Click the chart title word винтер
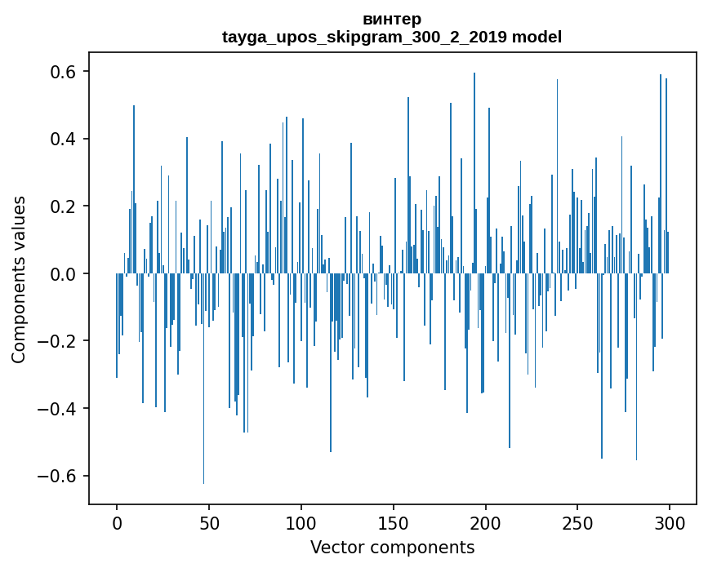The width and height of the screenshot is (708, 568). click(392, 19)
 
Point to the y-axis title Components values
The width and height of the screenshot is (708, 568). click(19, 279)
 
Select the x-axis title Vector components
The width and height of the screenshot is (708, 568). click(392, 547)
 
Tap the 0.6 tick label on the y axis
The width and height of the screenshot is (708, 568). click(64, 72)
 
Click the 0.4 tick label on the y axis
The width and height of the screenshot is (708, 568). click(64, 139)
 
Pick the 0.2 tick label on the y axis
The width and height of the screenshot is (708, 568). click(64, 206)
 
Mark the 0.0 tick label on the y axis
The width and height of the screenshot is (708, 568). click(64, 273)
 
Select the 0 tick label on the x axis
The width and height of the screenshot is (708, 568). click(117, 522)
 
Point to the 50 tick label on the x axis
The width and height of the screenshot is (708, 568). click(209, 522)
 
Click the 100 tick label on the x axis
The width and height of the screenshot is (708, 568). click(301, 522)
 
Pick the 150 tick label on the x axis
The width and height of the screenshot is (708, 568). click(394, 522)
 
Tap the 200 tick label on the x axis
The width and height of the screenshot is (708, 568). click(486, 522)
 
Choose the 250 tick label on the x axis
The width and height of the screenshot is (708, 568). click(578, 522)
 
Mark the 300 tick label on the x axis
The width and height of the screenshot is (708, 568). click(670, 522)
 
